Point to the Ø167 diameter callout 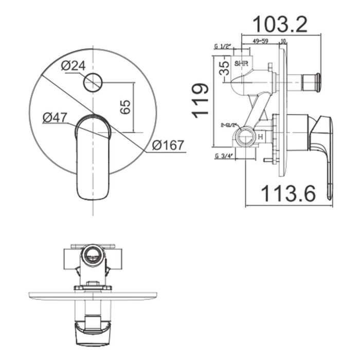[x=168, y=146]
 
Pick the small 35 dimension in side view [x=224, y=68]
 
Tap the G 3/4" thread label [x=224, y=156]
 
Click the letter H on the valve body [x=261, y=137]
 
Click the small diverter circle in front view [x=93, y=82]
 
